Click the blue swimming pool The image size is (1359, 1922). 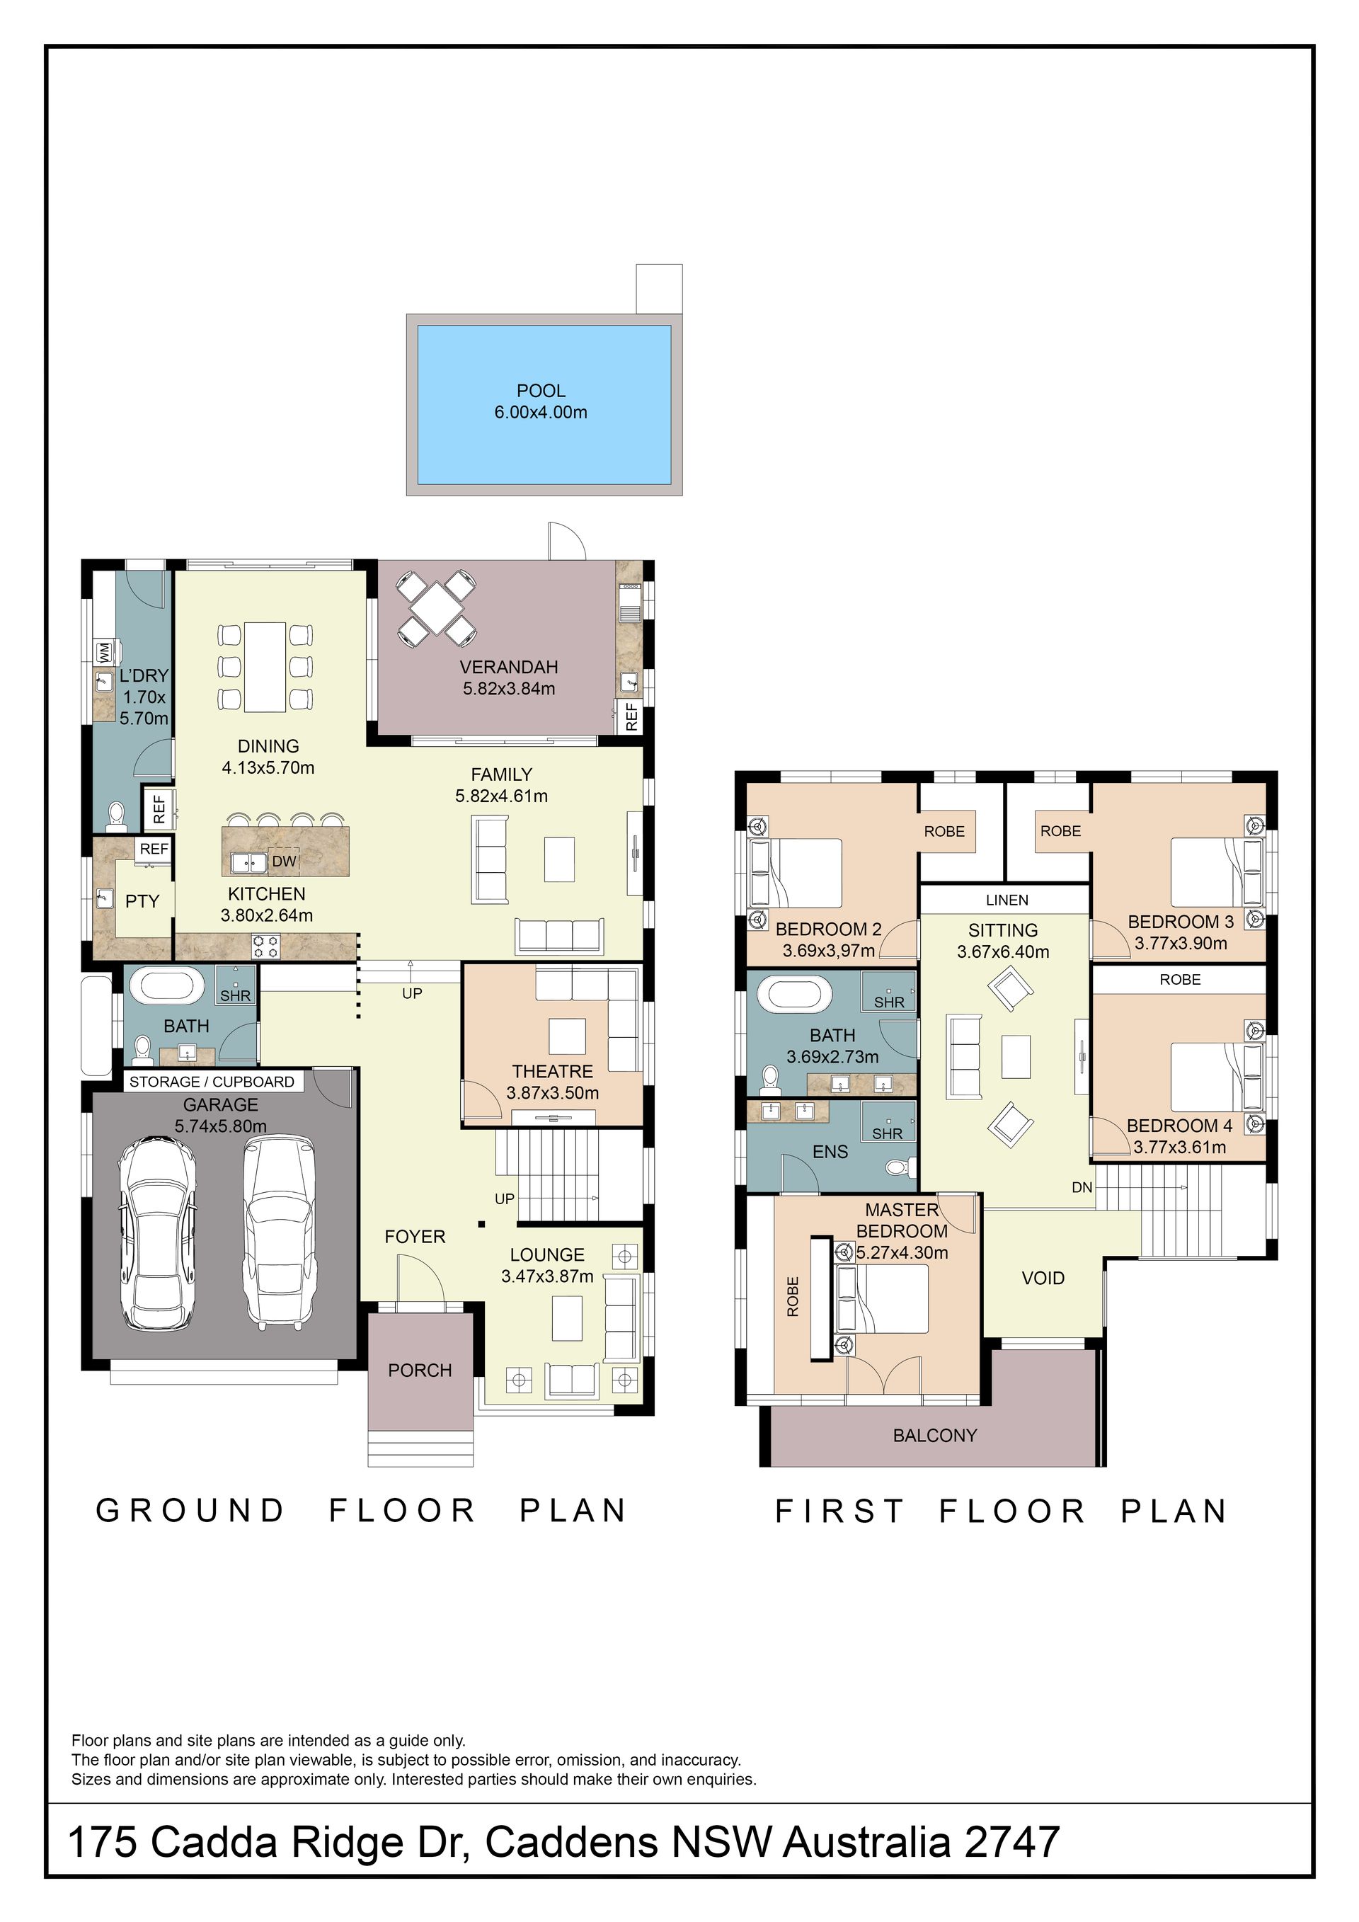pyautogui.click(x=544, y=404)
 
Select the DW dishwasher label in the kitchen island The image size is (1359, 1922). pyautogui.click(x=285, y=861)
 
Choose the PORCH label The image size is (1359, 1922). pyautogui.click(x=420, y=1371)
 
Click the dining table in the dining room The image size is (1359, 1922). pyautogui.click(x=265, y=666)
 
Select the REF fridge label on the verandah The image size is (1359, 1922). pyautogui.click(x=632, y=716)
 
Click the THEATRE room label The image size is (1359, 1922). pyautogui.click(x=552, y=1072)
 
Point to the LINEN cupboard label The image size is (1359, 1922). pyautogui.click(x=1007, y=900)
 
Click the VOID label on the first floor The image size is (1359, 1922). pyautogui.click(x=1043, y=1279)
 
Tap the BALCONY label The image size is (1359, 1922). pyautogui.click(x=935, y=1436)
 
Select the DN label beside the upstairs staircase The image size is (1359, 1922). pyautogui.click(x=1082, y=1187)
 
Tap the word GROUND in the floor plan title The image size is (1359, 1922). pyautogui.click(x=191, y=1511)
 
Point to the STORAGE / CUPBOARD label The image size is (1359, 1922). pyautogui.click(x=212, y=1082)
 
